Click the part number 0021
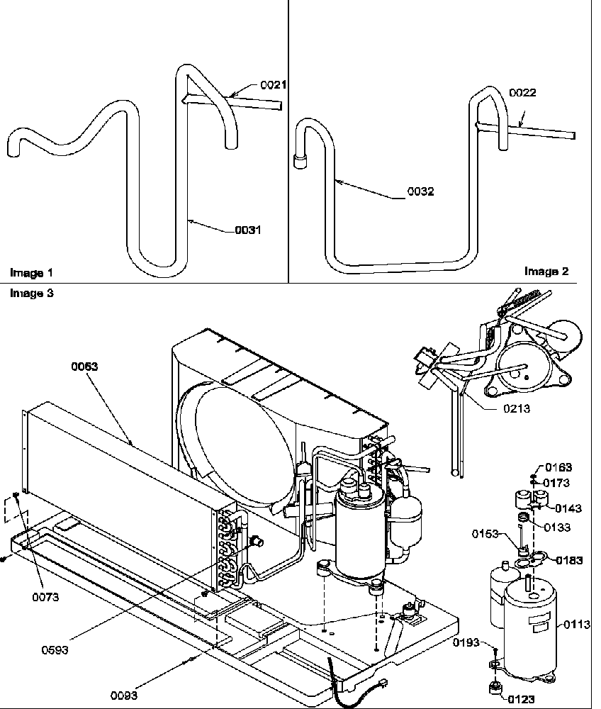click(x=273, y=85)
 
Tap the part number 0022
click(x=522, y=93)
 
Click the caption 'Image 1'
click(x=31, y=272)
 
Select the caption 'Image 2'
click(x=546, y=271)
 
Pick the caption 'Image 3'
click(x=31, y=293)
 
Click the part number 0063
click(x=84, y=367)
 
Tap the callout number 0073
click(x=45, y=597)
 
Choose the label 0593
click(x=55, y=650)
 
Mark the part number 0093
click(x=124, y=696)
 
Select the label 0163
click(x=558, y=468)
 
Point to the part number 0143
click(x=568, y=508)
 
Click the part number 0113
click(x=576, y=625)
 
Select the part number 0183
click(x=569, y=560)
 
